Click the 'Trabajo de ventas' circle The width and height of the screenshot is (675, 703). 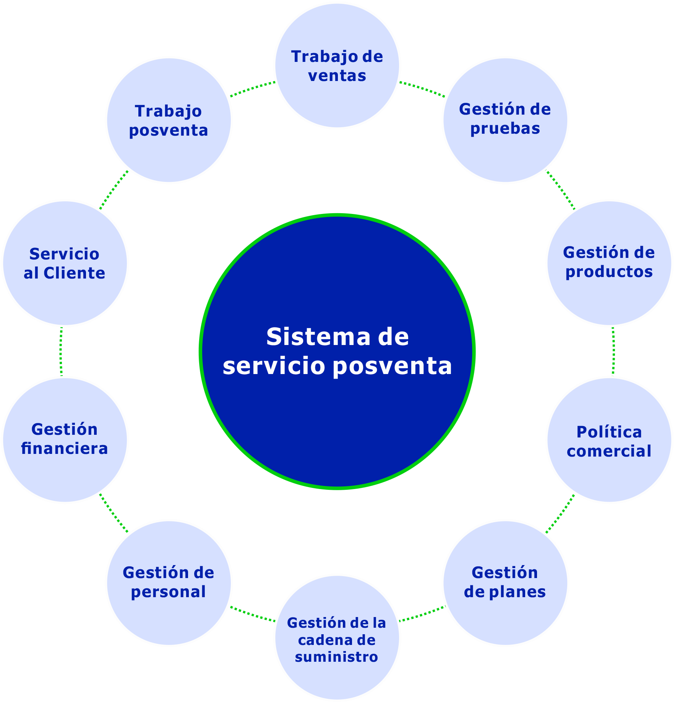click(337, 66)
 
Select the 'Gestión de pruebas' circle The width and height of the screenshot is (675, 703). click(505, 120)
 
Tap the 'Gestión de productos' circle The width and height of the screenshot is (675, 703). click(609, 263)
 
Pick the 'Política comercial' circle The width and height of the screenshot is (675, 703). click(609, 440)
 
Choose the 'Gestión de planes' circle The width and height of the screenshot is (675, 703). click(505, 583)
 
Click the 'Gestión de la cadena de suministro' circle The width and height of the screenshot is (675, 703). click(337, 637)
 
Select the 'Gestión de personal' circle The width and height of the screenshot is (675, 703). click(169, 583)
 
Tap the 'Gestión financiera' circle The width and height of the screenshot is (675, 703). click(65, 440)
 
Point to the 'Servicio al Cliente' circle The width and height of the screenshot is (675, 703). click(65, 263)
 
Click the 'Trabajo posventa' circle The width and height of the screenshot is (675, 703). click(169, 120)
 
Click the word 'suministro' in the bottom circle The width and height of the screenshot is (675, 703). click(336, 657)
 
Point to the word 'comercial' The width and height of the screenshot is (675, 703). click(609, 451)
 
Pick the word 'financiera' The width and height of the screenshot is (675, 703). click(65, 449)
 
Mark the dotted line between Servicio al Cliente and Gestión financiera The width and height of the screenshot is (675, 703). click(61, 351)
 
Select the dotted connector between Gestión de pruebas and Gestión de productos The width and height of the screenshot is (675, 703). click(560, 190)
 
